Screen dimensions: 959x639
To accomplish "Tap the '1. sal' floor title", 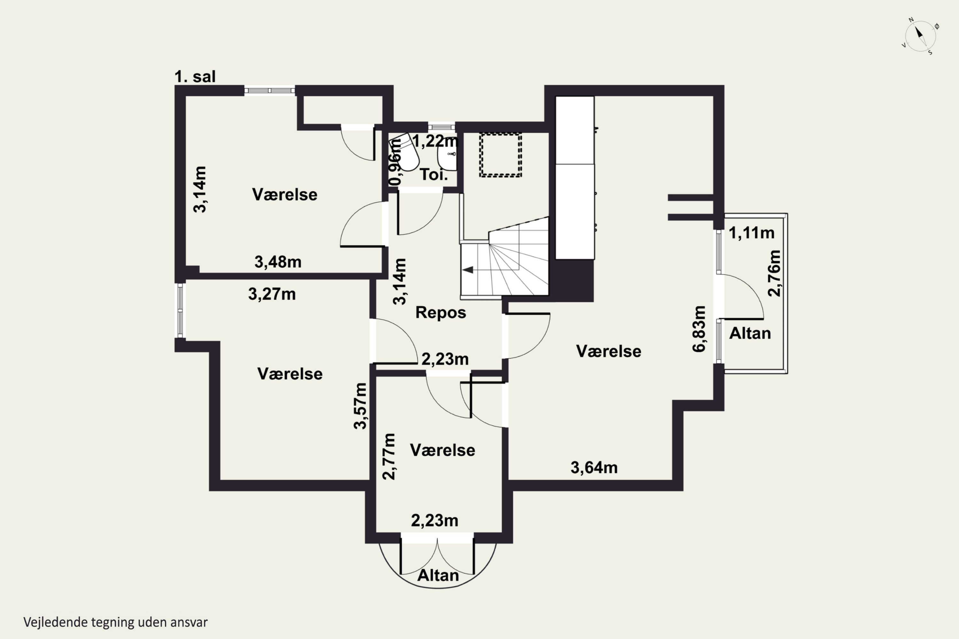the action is [x=195, y=77].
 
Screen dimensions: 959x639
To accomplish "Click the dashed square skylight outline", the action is [x=500, y=155].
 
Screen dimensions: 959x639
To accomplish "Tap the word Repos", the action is [x=441, y=312].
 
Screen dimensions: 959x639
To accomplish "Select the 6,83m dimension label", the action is [x=699, y=328].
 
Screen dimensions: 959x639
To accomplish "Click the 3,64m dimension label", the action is [x=594, y=468].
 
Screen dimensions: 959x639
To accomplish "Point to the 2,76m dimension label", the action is [x=774, y=273].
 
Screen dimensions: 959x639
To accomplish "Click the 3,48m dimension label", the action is [x=278, y=262].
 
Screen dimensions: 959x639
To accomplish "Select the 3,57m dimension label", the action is [x=361, y=406].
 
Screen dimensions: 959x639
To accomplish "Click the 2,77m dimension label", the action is [x=389, y=457].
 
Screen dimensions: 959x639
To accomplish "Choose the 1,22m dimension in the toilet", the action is [x=435, y=141].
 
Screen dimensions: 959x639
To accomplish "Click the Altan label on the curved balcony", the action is [x=438, y=575].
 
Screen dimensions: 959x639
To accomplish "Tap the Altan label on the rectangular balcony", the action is [x=750, y=333].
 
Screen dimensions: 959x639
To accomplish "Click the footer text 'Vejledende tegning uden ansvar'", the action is [x=115, y=622].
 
